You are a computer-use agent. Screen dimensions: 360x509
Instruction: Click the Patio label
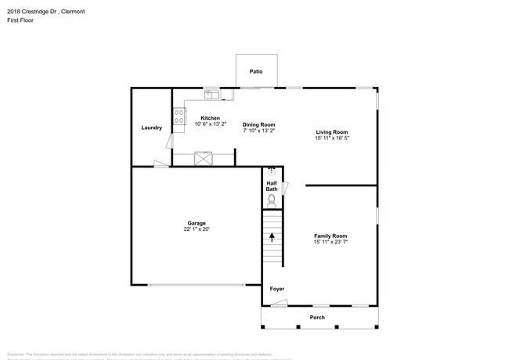point(256,71)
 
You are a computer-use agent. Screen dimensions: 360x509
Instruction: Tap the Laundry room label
point(151,128)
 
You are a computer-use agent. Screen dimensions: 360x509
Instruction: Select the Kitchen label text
point(199,117)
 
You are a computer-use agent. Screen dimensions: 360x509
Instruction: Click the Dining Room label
point(258,124)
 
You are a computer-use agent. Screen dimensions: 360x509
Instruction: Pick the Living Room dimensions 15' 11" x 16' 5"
point(331,139)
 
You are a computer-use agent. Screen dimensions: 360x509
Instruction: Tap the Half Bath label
point(271,186)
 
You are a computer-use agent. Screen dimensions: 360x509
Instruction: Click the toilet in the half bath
point(272,200)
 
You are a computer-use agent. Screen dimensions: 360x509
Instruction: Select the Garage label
point(196,223)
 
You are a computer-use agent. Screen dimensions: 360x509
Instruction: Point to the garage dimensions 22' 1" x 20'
point(196,229)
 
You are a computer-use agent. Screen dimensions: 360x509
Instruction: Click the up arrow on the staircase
point(272,236)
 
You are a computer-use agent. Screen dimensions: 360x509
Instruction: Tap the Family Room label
point(330,236)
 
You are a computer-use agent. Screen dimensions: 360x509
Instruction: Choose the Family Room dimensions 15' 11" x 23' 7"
point(330,242)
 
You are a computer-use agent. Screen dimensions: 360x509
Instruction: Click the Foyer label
point(276,289)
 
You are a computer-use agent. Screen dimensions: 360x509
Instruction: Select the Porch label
point(316,317)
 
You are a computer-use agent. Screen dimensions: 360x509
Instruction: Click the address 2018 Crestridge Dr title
point(45,12)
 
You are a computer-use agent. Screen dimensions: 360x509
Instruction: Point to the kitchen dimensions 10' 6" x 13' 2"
point(199,124)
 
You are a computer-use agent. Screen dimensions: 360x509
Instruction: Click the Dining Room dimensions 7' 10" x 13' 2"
point(258,131)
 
